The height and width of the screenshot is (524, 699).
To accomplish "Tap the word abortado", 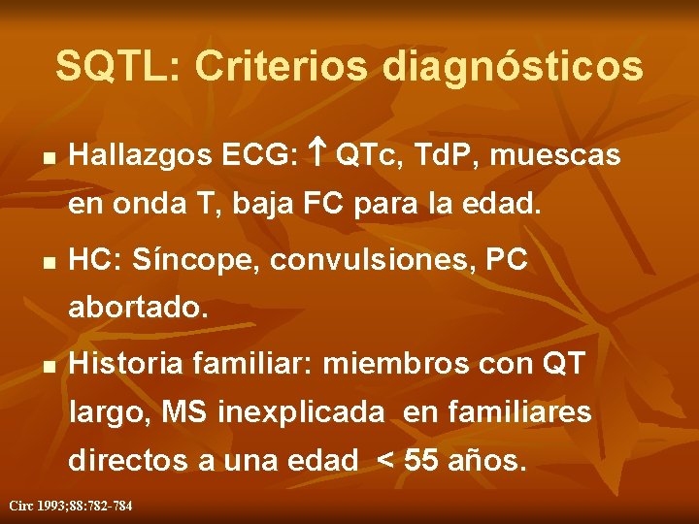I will coord(138,310).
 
